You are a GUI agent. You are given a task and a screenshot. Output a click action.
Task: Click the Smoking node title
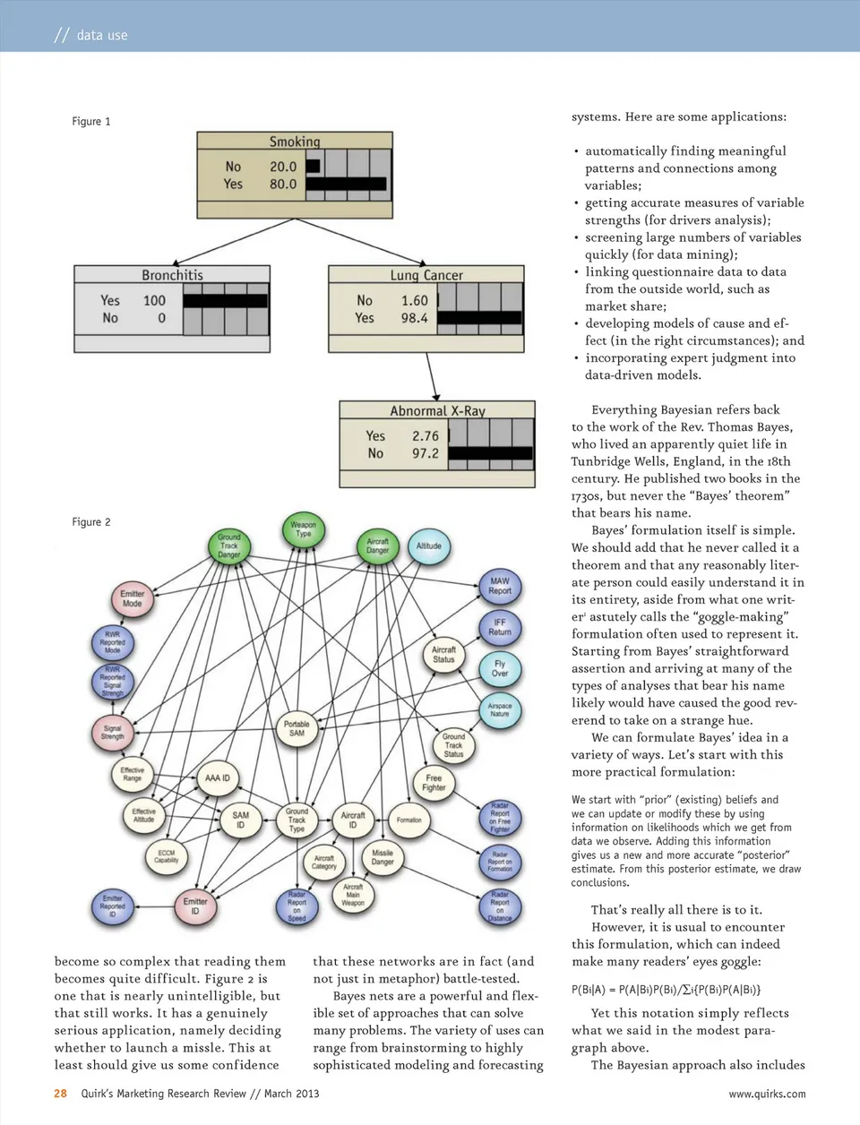click(295, 142)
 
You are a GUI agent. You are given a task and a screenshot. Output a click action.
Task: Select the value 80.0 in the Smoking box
click(283, 184)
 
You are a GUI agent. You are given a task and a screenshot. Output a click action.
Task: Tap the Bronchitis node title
click(172, 275)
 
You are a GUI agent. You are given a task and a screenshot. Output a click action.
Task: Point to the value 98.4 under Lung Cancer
click(414, 318)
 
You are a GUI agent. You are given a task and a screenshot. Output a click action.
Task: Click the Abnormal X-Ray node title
click(437, 411)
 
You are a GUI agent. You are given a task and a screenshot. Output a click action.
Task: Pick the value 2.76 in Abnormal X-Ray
click(426, 436)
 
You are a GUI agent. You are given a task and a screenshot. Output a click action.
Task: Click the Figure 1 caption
click(91, 122)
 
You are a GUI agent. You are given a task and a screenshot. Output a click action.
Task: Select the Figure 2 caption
click(91, 522)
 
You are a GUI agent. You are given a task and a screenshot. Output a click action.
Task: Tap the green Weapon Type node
click(303, 529)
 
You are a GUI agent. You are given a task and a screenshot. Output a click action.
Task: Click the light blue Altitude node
click(428, 546)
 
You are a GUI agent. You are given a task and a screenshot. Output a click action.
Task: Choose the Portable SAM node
click(297, 728)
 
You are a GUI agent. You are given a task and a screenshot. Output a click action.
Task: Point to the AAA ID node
click(217, 777)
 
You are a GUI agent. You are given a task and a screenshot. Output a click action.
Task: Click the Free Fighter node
click(434, 783)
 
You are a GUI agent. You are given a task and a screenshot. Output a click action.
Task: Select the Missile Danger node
click(383, 857)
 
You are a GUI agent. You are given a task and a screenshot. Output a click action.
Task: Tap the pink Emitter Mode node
click(133, 598)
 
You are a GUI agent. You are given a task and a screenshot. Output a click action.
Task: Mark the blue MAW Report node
click(499, 586)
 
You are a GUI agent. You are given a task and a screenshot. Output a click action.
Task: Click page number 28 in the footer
click(61, 1094)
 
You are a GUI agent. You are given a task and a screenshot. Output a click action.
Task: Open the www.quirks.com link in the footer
click(767, 1094)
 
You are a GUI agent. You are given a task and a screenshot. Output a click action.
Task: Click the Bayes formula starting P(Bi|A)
click(666, 990)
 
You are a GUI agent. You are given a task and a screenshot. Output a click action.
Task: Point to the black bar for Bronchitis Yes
click(225, 301)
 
